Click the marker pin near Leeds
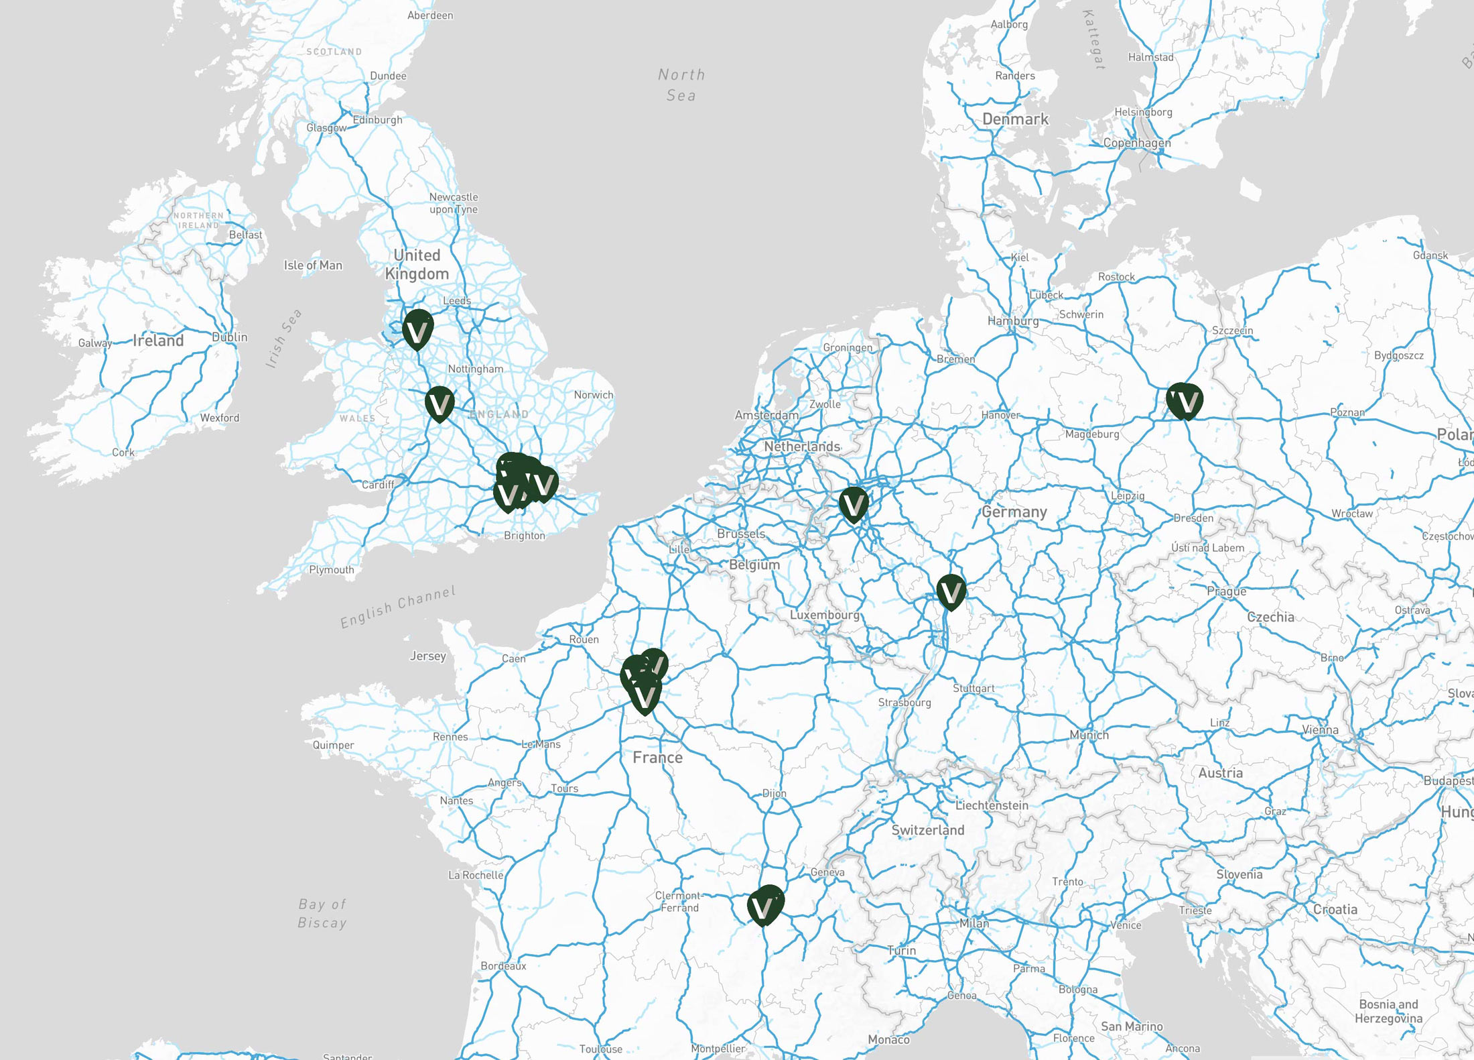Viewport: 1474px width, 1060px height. pos(417,329)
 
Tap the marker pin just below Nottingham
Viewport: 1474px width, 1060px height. pos(440,404)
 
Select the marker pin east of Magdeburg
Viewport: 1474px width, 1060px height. pos(1185,401)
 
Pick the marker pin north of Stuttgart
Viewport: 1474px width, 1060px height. pos(951,591)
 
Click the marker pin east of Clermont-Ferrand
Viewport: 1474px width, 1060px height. pos(764,906)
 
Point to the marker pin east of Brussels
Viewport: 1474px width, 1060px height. pos(854,504)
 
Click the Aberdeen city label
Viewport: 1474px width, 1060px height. pos(430,15)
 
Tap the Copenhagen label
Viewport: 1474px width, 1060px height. pos(1137,143)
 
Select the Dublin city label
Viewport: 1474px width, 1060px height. pos(230,337)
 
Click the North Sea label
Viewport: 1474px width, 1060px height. pos(681,85)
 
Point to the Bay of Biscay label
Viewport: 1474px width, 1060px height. pos(322,913)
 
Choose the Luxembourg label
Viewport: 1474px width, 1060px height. pos(824,615)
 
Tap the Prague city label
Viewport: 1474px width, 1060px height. pos(1226,591)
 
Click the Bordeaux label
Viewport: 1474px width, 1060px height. pos(503,966)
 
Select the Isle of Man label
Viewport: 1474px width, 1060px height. pos(313,266)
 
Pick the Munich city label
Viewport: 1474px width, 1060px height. pos(1089,735)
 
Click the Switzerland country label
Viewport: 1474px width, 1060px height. pos(927,830)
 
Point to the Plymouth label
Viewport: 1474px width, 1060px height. pos(331,570)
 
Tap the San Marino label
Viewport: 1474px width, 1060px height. pos(1132,1026)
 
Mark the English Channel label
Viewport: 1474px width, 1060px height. pos(398,607)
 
